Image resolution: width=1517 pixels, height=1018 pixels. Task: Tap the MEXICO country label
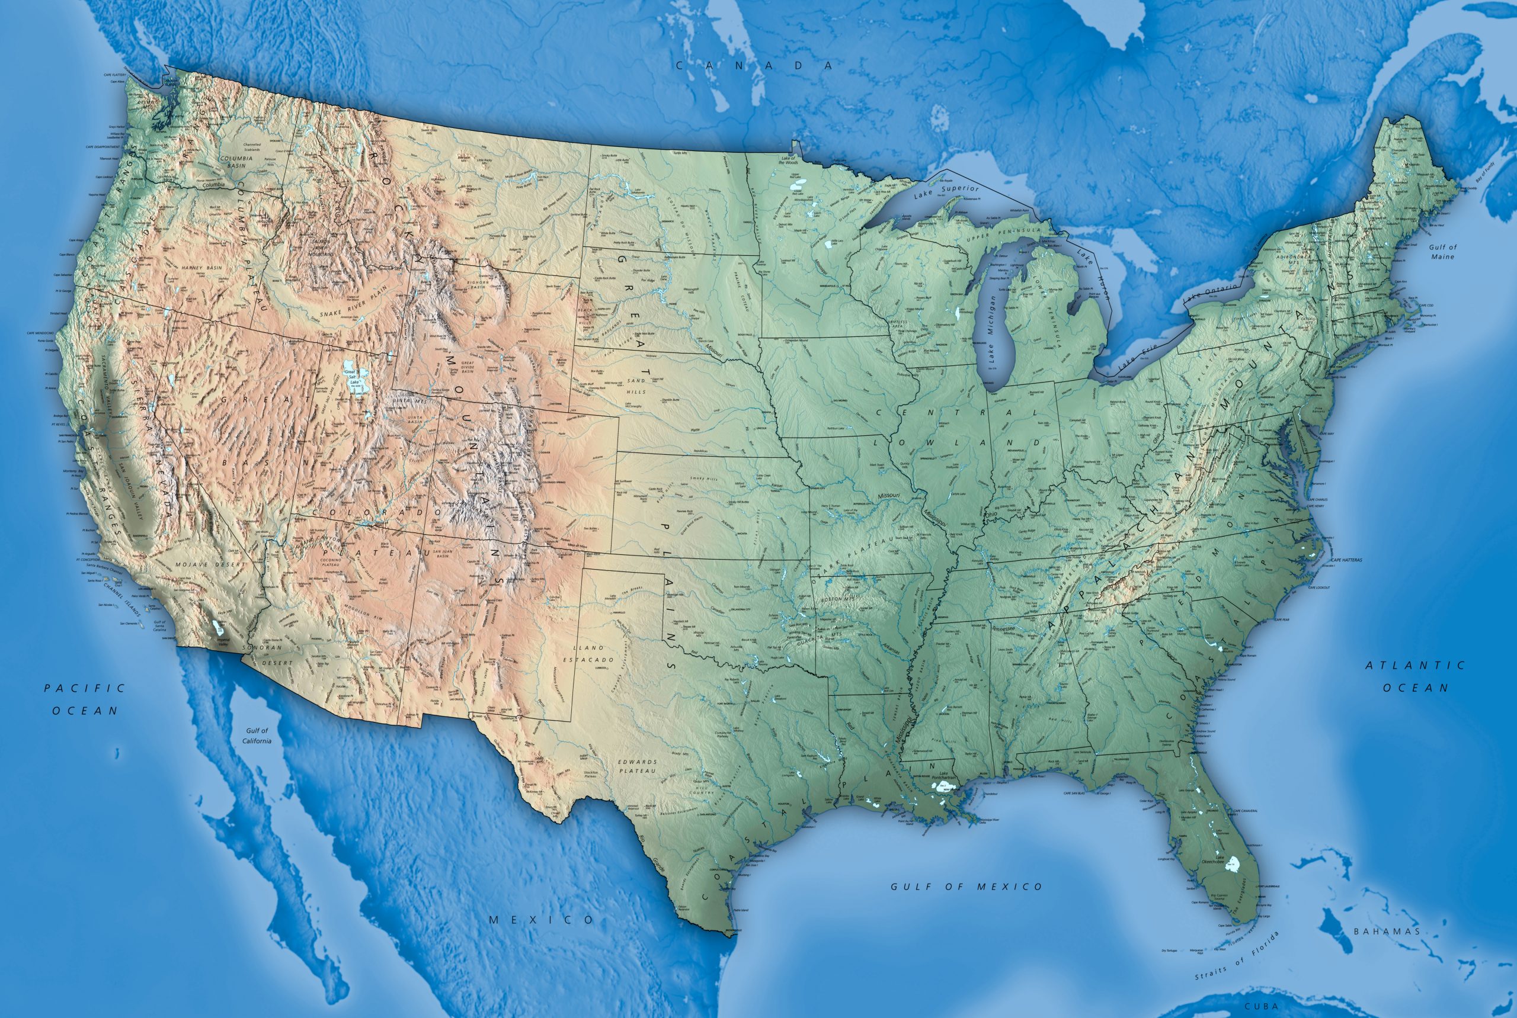point(541,920)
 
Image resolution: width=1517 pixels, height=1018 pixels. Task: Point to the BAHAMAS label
point(1387,932)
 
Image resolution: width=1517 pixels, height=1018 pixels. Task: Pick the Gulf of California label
point(257,736)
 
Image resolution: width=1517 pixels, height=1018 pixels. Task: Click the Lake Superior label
point(946,192)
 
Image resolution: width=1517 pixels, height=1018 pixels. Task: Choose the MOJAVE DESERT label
point(210,565)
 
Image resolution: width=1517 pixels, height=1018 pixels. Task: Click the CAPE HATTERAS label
point(1346,560)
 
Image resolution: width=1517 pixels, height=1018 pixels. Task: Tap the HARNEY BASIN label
point(201,268)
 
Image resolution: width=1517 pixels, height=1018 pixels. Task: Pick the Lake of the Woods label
point(789,160)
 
